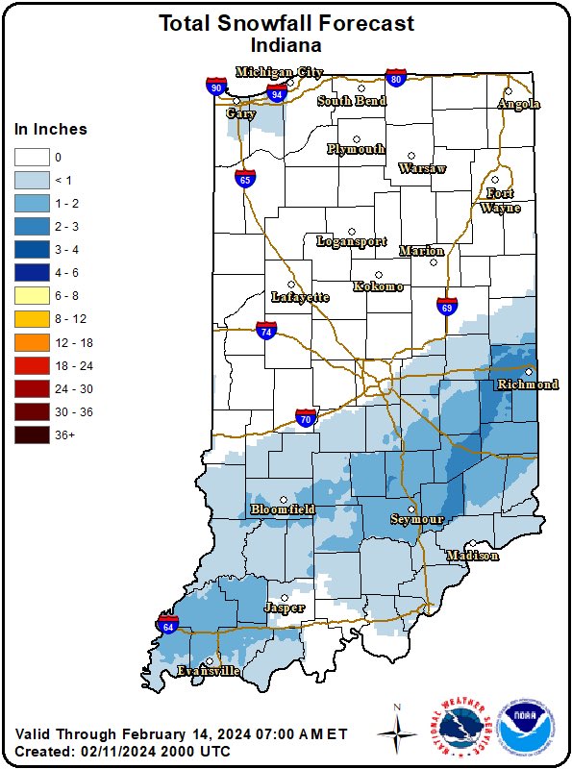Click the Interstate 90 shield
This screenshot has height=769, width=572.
click(215, 87)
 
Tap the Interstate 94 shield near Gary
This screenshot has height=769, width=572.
click(277, 93)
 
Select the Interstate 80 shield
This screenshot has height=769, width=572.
click(395, 78)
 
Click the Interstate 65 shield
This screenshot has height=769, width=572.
click(245, 178)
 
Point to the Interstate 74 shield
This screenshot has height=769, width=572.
click(266, 331)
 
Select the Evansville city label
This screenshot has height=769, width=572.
click(208, 671)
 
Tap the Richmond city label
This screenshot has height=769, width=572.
click(527, 384)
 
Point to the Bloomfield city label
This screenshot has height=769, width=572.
click(283, 509)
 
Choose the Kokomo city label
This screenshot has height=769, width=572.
click(378, 286)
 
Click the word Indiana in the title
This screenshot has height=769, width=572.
click(286, 44)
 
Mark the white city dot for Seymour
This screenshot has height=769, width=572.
click(411, 509)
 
